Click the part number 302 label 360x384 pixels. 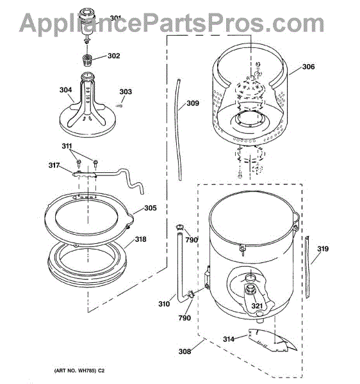(x=114, y=56)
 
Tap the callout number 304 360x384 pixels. (x=66, y=90)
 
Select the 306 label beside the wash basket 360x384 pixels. (x=308, y=67)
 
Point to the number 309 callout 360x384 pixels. (x=193, y=103)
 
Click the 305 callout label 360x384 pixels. (x=151, y=208)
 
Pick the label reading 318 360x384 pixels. (x=140, y=239)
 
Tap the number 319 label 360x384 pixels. (x=323, y=249)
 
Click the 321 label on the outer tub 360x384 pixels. (x=257, y=306)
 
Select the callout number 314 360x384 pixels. (x=229, y=339)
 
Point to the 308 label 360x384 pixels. (x=184, y=351)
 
